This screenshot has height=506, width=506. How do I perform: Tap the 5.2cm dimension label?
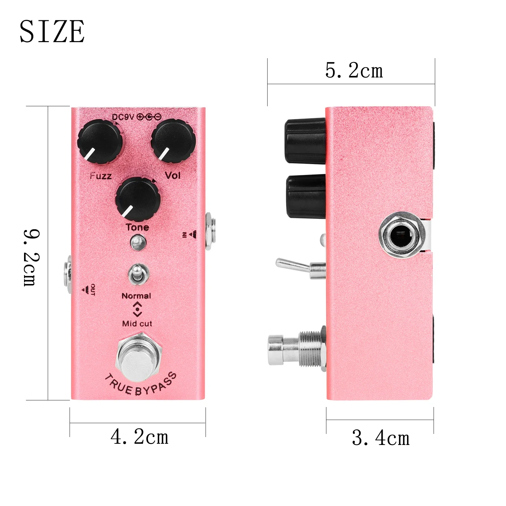pos(354,71)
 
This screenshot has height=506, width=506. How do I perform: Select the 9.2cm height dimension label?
pos(32,258)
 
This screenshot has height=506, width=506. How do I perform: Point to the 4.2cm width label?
pos(139,437)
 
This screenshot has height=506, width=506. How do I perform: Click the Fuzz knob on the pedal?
pos(100,141)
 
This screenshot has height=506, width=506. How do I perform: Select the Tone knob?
pos(138,199)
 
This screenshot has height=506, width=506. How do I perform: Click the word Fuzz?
pos(101,176)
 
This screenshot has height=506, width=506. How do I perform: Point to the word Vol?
pos(173,175)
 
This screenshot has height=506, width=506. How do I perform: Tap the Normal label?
pos(136,296)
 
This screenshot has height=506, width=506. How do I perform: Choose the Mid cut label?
pos(137,324)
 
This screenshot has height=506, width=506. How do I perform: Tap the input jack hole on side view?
pos(400,235)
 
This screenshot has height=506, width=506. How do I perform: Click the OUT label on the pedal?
pos(92,289)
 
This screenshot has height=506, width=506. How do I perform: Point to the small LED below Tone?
pos(138,242)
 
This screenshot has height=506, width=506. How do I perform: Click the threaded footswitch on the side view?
pos(297,349)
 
